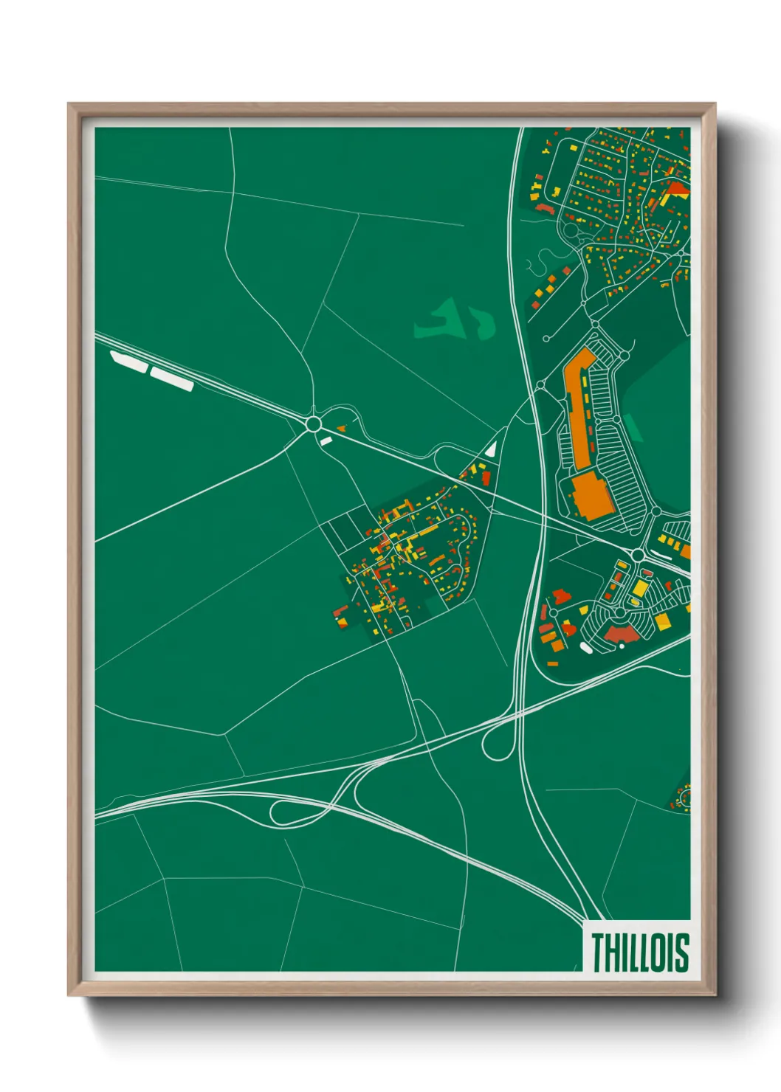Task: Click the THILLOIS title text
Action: coord(639,952)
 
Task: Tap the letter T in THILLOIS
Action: coord(597,952)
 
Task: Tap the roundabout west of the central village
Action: coord(313,424)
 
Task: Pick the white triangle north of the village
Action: coord(491,447)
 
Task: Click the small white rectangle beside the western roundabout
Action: coord(326,440)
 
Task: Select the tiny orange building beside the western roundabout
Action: coord(341,428)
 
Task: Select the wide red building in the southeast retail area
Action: coord(622,633)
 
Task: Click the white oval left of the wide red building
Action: coord(586,648)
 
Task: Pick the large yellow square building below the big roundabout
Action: coord(640,589)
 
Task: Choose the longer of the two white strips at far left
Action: coord(172,379)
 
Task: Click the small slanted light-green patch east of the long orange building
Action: coord(633,427)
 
